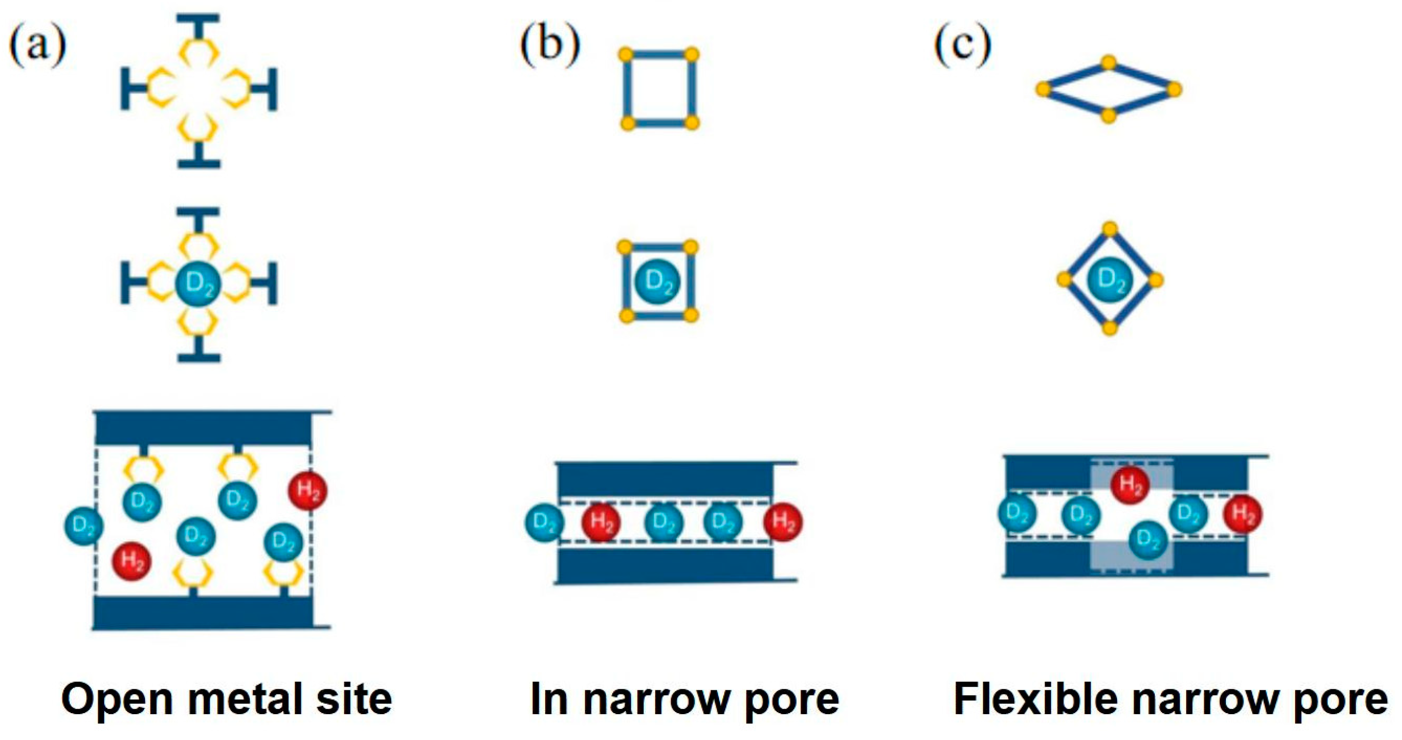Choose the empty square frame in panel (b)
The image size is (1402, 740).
pos(659,89)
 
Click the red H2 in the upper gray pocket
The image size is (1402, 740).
pos(1130,484)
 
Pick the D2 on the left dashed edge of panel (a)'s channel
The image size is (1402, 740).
pos(84,526)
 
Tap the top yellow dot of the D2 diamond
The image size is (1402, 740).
pos(1110,229)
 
